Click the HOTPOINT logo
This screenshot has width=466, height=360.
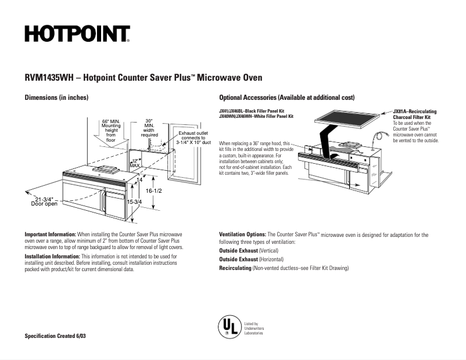(x=77, y=34)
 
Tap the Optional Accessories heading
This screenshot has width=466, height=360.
(x=286, y=97)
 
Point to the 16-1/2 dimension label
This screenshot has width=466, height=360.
(x=153, y=190)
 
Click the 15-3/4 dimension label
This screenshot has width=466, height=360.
(x=134, y=201)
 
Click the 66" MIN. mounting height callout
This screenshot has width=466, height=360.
(x=110, y=131)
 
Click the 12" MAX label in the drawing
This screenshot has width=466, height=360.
(x=135, y=163)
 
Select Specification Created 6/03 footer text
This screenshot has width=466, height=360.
(x=55, y=337)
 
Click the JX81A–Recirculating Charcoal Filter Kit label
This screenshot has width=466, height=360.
(x=414, y=114)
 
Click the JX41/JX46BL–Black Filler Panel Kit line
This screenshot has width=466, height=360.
(x=251, y=111)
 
